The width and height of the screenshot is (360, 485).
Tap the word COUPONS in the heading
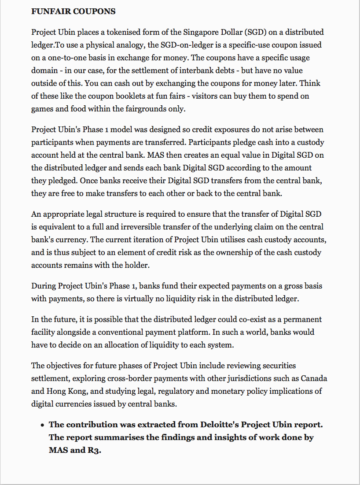[95, 11]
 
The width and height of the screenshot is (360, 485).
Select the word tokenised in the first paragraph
[108, 32]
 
